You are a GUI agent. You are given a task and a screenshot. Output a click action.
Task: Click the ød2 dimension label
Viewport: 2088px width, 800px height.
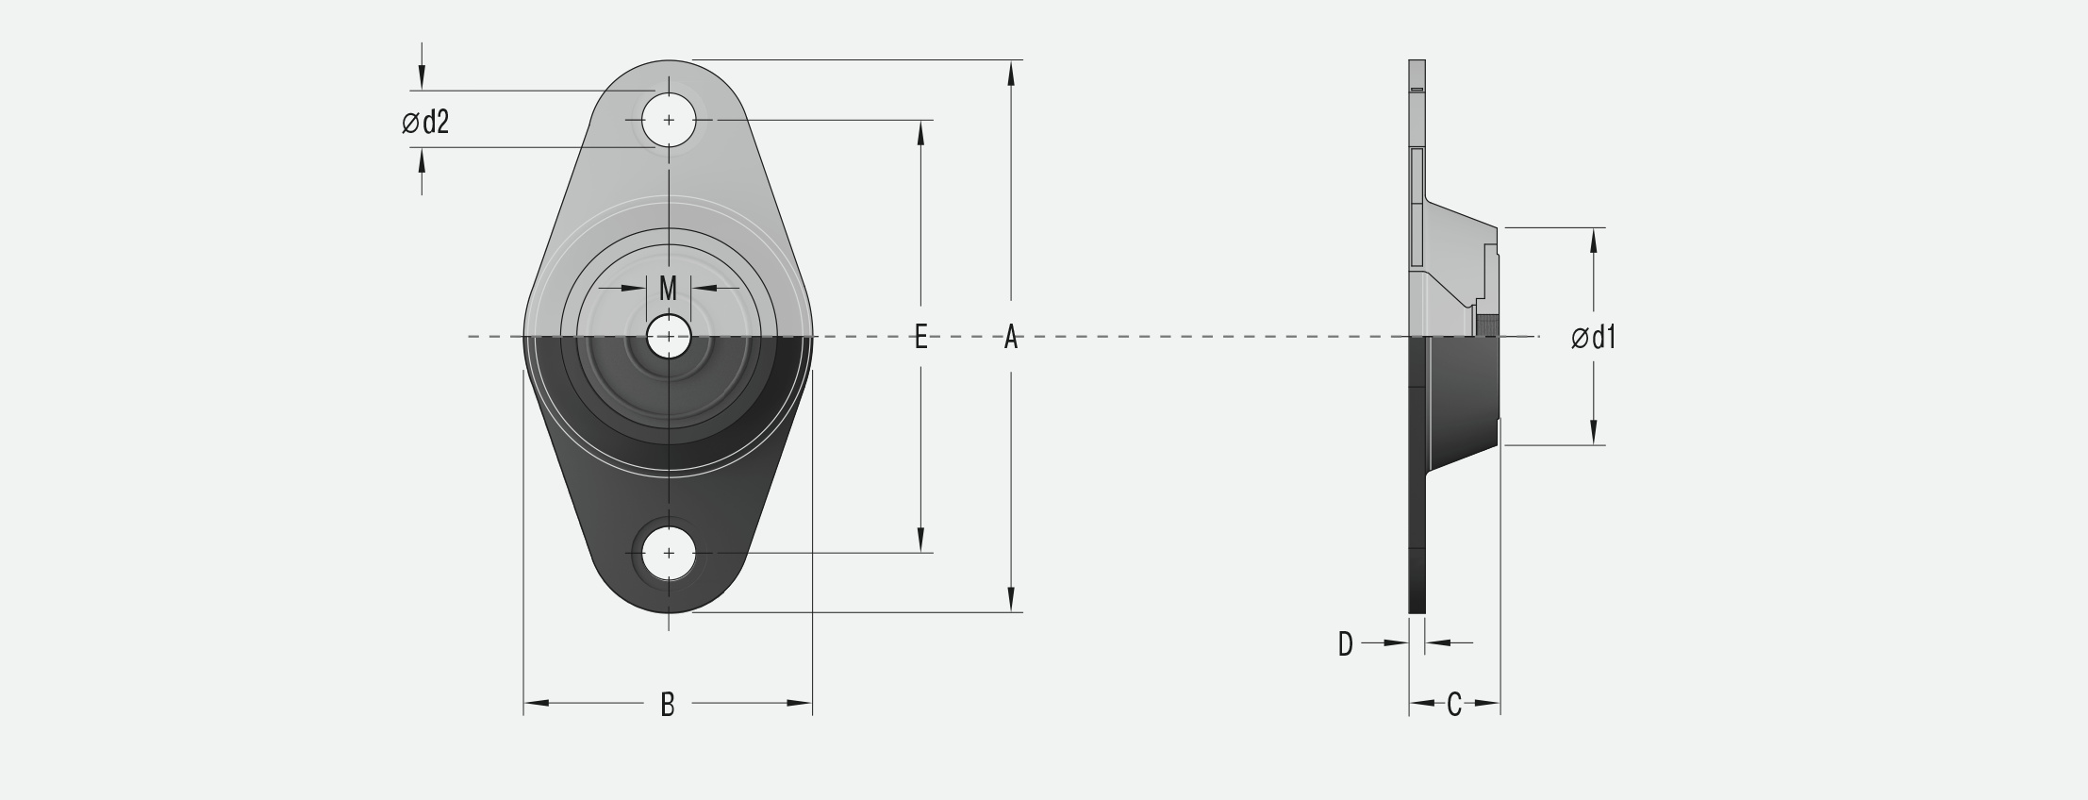tap(425, 123)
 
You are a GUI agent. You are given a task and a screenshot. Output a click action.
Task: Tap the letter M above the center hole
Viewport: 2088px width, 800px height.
tap(668, 288)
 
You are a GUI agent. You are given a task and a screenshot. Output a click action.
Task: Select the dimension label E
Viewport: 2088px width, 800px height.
tap(921, 336)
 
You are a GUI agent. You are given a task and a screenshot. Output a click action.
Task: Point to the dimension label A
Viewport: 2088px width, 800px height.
tap(1011, 336)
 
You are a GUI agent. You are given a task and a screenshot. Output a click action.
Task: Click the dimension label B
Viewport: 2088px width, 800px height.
tap(668, 704)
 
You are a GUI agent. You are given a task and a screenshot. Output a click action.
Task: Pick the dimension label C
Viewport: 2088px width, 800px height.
tap(1454, 704)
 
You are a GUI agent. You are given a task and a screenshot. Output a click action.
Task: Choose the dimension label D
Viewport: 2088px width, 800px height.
tap(1346, 643)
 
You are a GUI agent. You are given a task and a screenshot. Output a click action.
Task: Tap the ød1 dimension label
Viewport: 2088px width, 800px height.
tap(1594, 337)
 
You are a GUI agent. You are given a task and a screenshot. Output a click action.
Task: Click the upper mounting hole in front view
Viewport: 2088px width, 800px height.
tap(669, 121)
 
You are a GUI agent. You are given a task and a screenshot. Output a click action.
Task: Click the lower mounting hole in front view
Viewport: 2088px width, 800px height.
tap(669, 553)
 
